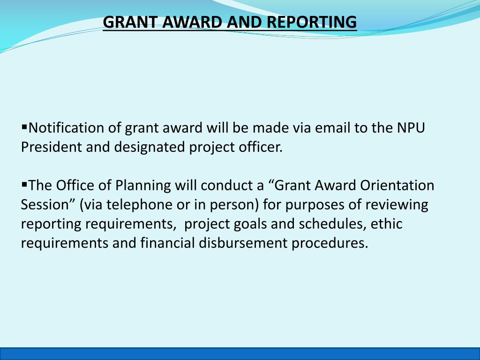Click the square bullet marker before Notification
24,127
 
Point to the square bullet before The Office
24,184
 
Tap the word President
51,147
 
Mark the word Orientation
397,186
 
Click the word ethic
386,224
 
